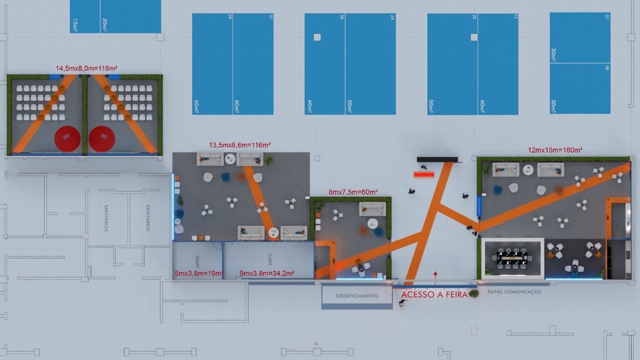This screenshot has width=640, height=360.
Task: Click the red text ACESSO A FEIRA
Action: click(434, 295)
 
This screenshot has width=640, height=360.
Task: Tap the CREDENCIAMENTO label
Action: click(356, 296)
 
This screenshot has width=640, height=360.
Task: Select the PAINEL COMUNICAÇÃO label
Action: click(514, 291)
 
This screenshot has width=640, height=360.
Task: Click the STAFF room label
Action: click(197, 261)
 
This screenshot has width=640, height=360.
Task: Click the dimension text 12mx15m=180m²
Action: click(555, 150)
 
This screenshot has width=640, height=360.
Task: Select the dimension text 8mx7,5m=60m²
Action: click(353, 192)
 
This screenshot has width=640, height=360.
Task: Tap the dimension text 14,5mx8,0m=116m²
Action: click(86, 67)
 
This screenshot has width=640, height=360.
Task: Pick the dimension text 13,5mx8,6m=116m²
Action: click(239, 145)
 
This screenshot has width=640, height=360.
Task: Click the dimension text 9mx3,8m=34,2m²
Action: click(266, 273)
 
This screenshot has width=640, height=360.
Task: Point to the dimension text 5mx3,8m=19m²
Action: click(198, 273)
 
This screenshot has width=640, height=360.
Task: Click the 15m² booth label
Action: click(75, 24)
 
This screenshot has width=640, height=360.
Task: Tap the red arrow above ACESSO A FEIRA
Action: click(435, 274)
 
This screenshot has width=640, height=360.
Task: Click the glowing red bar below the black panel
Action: click(424, 174)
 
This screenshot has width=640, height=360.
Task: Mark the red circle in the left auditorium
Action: click(67, 138)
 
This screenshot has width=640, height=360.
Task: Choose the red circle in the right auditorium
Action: click(102, 138)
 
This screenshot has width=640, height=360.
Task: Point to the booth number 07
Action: click(607, 17)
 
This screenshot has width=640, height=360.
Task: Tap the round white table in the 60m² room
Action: click(373, 223)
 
